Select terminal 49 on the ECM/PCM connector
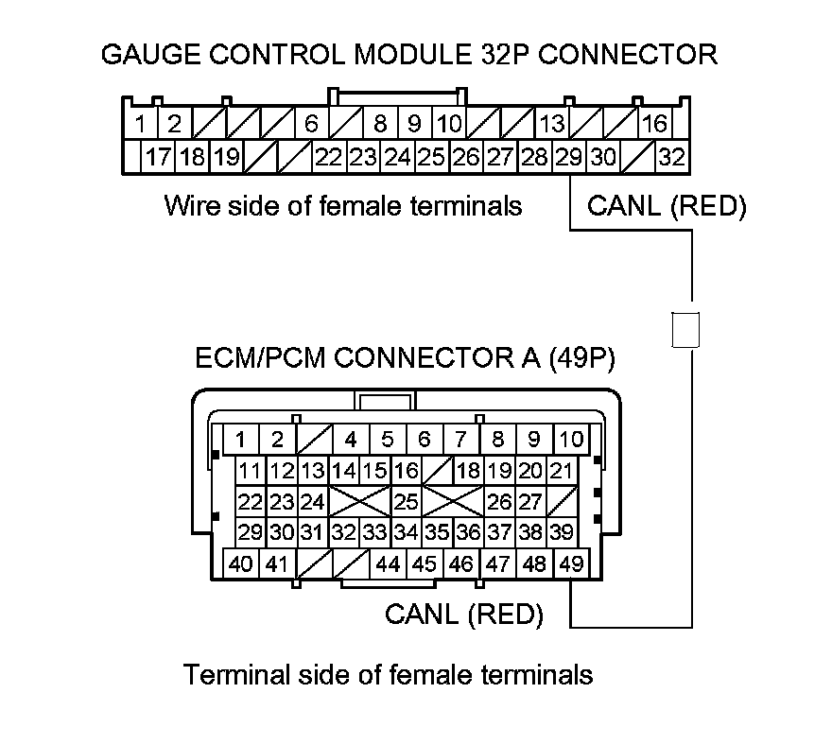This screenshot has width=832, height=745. pos(570,564)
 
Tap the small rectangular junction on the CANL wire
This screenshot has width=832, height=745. pos(685,330)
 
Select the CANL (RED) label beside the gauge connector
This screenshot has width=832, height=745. pos(667,206)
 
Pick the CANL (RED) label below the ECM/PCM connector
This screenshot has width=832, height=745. pos(464,615)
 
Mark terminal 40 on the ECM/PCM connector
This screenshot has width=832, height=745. pos(241,564)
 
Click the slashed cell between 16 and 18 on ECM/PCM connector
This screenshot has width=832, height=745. pos(438,470)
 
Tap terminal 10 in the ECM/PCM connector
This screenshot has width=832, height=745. pos(570,439)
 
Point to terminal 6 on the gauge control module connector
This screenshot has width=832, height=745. pos(310,124)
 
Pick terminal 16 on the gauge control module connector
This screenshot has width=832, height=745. pos(654,124)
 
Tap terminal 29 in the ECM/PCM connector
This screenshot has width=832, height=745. pos(251,532)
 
